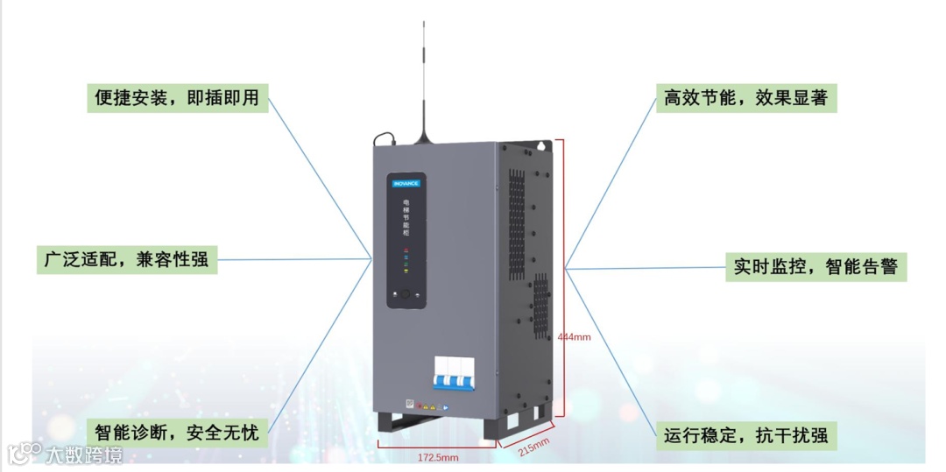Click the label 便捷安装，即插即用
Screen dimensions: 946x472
178,97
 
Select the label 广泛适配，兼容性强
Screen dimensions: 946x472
128,259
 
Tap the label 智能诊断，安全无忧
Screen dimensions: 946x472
178,432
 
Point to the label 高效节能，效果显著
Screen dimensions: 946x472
745,97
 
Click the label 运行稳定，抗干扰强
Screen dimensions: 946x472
745,435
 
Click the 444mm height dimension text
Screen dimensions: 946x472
575,336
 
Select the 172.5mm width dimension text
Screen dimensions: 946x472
437,456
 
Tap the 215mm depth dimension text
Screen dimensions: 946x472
534,447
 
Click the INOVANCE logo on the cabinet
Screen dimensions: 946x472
406,183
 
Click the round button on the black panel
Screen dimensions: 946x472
406,296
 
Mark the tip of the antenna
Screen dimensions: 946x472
425,23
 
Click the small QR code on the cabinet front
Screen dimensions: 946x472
408,405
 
